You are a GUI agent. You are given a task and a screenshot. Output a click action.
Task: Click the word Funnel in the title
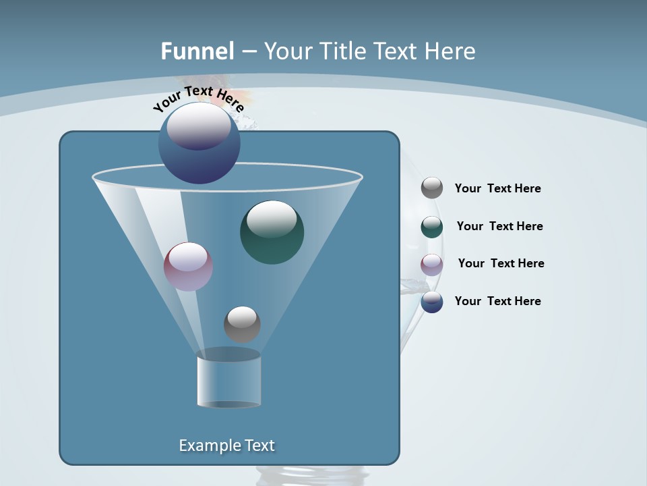point(197,51)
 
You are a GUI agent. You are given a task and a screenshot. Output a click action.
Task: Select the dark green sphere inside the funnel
point(272,233)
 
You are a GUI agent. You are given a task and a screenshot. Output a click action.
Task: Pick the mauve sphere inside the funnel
point(188,267)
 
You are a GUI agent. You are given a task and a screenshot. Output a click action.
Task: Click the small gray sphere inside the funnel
point(242,324)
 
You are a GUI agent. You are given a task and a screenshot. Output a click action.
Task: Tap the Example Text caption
point(227,446)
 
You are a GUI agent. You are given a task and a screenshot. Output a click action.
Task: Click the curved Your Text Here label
point(198,99)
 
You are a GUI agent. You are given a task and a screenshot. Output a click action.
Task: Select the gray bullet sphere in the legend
point(432,188)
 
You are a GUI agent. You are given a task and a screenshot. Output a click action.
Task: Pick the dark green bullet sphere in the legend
point(432,227)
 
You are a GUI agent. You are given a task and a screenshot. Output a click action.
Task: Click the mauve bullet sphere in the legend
point(432,265)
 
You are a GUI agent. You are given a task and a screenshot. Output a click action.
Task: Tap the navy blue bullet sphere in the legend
point(432,302)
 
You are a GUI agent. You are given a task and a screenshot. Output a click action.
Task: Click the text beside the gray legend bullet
point(497,188)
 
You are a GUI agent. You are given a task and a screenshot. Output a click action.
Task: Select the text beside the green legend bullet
point(499,226)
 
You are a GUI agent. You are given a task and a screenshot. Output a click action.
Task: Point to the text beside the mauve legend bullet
point(501,263)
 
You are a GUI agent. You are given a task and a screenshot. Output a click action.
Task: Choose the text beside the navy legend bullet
point(497,301)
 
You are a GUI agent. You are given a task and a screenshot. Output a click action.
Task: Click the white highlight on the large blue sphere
point(199,126)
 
